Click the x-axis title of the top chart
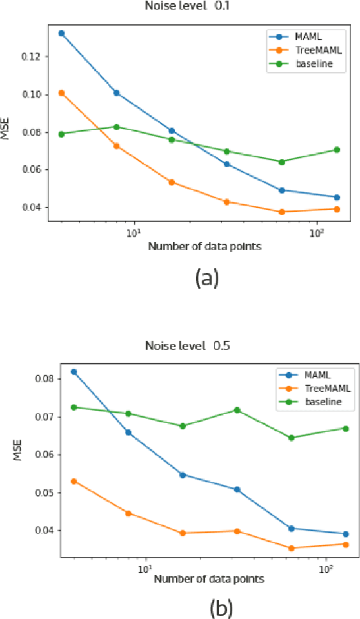pyautogui.click(x=204, y=246)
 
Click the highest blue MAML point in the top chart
pyautogui.click(x=61, y=33)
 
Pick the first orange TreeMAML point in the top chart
pyautogui.click(x=61, y=93)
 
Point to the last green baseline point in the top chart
pyautogui.click(x=337, y=150)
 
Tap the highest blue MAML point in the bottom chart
pyautogui.click(x=74, y=371)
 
